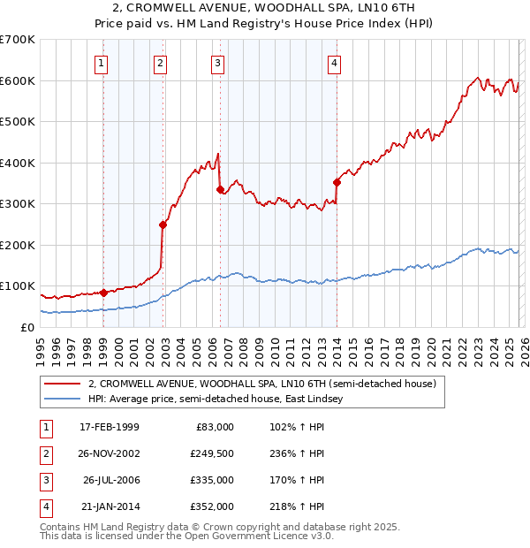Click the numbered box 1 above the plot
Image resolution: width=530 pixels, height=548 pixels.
click(x=102, y=63)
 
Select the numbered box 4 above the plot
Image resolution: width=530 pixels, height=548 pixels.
click(x=336, y=63)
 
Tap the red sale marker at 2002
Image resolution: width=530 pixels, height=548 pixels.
click(x=163, y=225)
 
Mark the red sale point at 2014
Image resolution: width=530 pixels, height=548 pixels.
click(x=337, y=183)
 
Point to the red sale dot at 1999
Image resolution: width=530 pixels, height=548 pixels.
click(x=104, y=293)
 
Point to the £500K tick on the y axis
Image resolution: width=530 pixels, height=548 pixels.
click(x=19, y=121)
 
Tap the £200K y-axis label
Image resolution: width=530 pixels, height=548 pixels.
click(x=19, y=245)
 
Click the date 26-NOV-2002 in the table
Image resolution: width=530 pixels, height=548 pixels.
click(x=109, y=453)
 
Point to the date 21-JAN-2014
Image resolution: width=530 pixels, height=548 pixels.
click(x=109, y=506)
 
